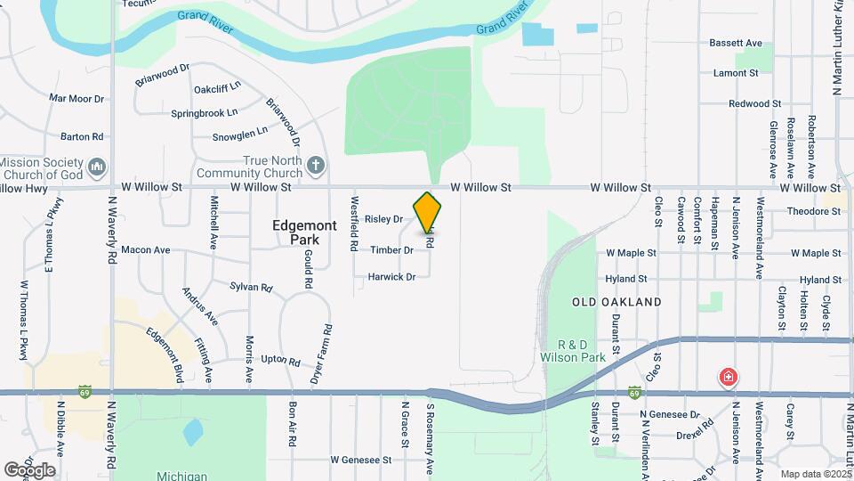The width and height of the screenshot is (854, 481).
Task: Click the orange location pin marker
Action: tap(428, 212)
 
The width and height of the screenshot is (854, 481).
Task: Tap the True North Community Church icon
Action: tap(315, 165)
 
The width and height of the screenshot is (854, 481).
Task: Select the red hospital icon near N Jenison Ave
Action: tap(729, 378)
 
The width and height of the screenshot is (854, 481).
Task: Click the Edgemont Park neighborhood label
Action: tap(304, 232)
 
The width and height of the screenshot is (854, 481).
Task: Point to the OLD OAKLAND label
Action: tap(616, 302)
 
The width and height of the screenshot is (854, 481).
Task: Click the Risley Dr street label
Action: tap(383, 218)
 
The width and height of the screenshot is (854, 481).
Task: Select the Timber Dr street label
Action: tap(391, 250)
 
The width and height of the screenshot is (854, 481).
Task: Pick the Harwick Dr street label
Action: tap(391, 277)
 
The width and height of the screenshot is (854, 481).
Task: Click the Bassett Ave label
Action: tap(736, 43)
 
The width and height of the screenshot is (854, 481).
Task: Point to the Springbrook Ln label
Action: tap(205, 113)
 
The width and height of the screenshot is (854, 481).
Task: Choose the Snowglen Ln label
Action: tap(239, 136)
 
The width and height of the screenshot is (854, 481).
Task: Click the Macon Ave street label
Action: tap(145, 250)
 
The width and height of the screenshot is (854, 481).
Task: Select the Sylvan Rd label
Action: tap(250, 287)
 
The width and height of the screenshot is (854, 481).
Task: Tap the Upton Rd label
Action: tap(280, 360)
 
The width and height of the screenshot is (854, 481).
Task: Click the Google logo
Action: tap(29, 470)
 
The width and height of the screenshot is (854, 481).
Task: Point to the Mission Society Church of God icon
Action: tap(98, 167)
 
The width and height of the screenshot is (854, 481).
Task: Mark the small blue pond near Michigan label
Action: tap(192, 433)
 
